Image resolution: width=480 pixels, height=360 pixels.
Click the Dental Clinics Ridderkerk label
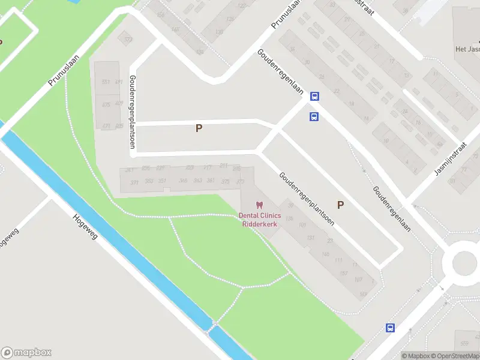click(260, 220)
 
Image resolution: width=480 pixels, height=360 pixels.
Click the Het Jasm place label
click(467, 49)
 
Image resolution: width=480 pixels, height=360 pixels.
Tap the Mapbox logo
click(26, 353)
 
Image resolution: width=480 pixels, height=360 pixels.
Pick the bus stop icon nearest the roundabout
click(390, 328)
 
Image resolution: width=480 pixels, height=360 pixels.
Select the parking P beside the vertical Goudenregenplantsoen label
click(198, 128)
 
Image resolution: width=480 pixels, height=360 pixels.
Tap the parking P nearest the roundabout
click(340, 205)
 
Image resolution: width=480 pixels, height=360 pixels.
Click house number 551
click(106, 82)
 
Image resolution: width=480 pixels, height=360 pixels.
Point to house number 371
click(134, 182)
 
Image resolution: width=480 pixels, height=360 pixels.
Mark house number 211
click(224, 165)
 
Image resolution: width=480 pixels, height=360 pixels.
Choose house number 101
click(302, 225)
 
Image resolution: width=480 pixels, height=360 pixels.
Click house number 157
click(343, 273)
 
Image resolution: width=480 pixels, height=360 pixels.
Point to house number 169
click(363, 293)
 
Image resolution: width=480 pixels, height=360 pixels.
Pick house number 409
click(119, 103)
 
